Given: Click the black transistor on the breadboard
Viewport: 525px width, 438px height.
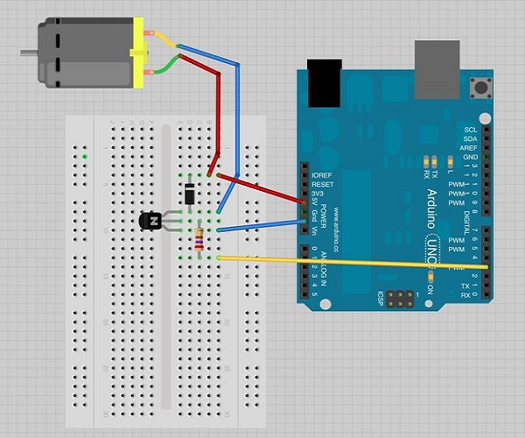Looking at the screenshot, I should pos(150,222).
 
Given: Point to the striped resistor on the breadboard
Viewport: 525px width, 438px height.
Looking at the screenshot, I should pos(199,238).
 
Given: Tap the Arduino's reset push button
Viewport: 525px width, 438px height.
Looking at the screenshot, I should pos(479,87).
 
